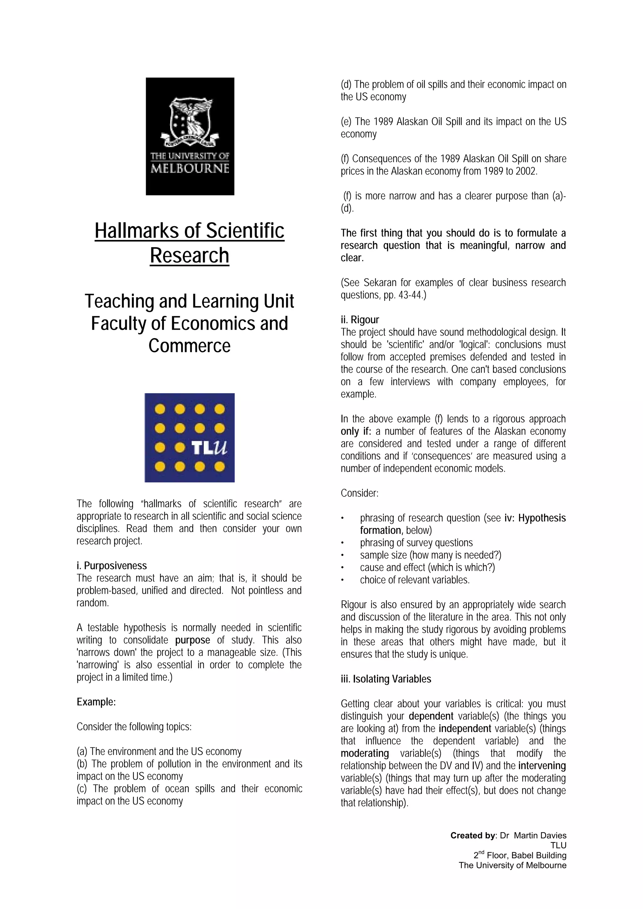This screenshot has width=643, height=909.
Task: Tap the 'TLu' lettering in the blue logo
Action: [209, 448]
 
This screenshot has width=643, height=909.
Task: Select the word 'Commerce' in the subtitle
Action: [189, 346]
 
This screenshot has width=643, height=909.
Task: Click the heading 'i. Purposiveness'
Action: [111, 566]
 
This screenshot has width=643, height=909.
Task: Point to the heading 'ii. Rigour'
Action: [359, 320]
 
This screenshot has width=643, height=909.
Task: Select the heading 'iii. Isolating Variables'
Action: [386, 679]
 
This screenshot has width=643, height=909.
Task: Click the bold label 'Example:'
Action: [96, 702]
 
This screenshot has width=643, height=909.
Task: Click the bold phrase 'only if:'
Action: [355, 431]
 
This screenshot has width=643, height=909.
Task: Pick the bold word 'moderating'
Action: [365, 753]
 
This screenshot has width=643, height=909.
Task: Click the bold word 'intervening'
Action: [542, 766]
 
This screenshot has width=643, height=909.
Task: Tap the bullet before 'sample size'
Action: [343, 555]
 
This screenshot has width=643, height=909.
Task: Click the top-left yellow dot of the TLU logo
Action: [160, 409]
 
